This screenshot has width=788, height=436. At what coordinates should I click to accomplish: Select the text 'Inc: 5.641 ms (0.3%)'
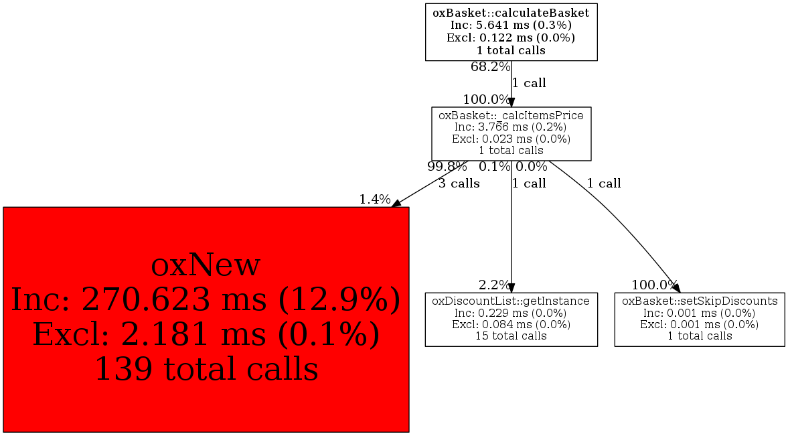tap(511, 25)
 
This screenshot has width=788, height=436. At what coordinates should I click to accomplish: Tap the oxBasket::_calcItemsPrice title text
tap(511, 116)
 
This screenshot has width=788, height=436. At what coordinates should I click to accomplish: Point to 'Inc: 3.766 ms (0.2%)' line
tap(511, 127)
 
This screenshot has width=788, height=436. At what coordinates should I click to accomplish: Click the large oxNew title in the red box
tap(206, 265)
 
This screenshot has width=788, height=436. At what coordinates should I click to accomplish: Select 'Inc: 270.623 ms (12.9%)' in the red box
tap(206, 300)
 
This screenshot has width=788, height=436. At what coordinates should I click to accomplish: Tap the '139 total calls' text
tap(206, 368)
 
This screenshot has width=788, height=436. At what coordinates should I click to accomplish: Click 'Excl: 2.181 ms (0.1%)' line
tap(206, 334)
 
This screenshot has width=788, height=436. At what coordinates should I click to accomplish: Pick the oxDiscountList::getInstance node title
tap(511, 301)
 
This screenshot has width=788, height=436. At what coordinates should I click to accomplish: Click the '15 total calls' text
tap(511, 336)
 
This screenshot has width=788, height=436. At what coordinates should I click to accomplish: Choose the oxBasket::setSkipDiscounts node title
tap(700, 301)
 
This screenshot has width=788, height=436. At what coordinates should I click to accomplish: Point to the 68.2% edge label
tap(491, 66)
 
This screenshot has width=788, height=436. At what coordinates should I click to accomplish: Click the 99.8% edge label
tap(447, 167)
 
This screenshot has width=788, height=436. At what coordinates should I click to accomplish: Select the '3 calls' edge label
tap(459, 184)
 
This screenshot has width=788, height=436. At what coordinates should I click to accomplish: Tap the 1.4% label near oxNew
tap(375, 200)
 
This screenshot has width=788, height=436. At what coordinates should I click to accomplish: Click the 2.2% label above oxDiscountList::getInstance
tap(495, 285)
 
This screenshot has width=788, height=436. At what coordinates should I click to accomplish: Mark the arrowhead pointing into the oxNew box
tap(396, 203)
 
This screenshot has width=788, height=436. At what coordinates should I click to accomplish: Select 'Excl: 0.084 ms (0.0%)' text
tap(511, 324)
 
